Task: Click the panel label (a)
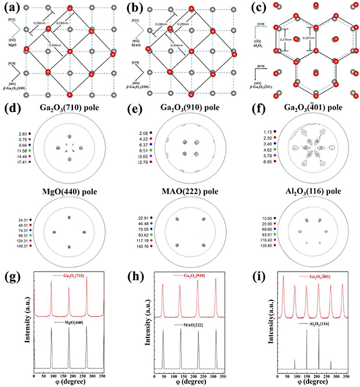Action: (x=10, y=8)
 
